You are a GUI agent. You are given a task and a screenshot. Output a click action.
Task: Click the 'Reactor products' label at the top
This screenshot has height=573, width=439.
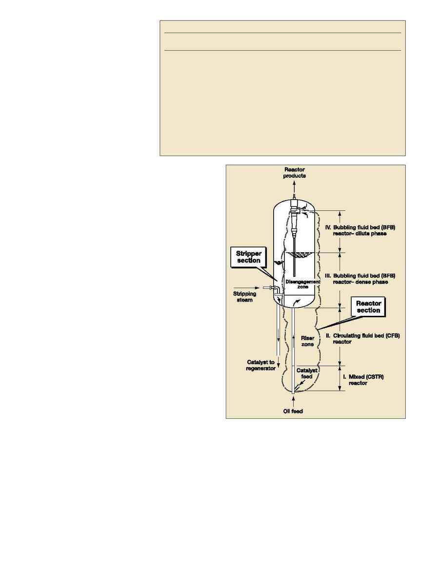click(295, 172)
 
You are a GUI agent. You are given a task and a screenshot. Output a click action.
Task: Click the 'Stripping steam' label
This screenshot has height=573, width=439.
click(244, 296)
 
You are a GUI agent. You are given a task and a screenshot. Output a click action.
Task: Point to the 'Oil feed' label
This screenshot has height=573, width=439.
click(293, 411)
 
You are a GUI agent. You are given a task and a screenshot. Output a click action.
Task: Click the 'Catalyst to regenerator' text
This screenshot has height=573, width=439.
click(260, 365)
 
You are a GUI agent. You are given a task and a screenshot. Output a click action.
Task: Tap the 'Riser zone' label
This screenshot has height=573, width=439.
click(307, 341)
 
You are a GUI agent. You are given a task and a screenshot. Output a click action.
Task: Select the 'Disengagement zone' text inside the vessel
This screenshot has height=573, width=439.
click(302, 284)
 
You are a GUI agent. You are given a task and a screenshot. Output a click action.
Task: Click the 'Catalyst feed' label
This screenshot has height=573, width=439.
click(307, 373)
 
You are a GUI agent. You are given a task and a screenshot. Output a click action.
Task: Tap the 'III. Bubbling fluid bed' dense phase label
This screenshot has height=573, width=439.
click(360, 279)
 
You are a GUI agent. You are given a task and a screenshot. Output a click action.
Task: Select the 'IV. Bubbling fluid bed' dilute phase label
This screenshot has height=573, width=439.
click(360, 230)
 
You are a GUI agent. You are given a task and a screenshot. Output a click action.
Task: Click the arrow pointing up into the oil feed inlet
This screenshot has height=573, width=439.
click(293, 401)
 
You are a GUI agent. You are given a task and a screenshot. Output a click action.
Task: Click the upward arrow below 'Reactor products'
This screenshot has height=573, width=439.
click(294, 188)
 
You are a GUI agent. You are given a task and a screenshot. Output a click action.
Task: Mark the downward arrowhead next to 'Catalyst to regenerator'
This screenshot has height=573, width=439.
click(279, 366)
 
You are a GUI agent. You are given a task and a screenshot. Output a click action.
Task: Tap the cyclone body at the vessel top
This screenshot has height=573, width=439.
click(294, 216)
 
